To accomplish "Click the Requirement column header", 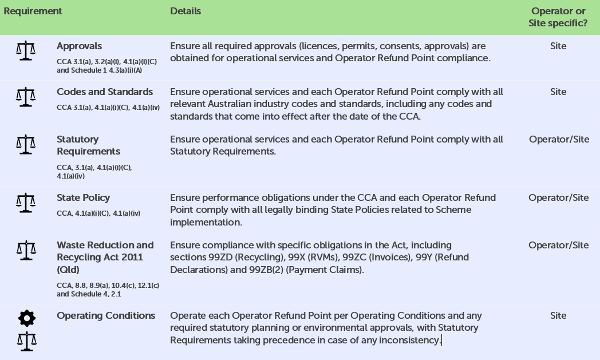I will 33,11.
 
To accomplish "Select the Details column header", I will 185,11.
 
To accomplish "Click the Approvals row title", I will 80,46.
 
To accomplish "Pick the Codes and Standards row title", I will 105,92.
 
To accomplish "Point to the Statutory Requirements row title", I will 89,145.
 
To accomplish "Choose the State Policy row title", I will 84,197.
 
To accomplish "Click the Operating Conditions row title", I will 106,315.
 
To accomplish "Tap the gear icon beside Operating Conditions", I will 26,318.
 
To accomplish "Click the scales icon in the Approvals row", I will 25,51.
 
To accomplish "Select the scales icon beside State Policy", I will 25,202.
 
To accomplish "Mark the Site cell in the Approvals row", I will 558,46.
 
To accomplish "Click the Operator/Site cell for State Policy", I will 559,197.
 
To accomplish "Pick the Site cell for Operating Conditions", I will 558,315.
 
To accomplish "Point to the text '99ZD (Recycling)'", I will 240,257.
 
